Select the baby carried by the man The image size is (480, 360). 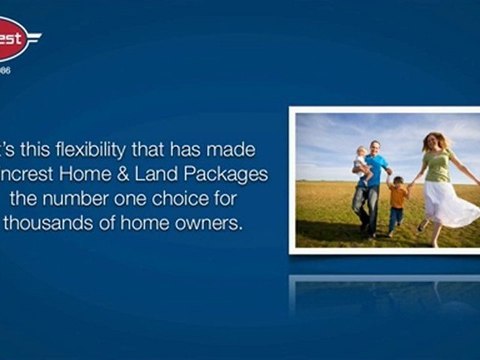tap(361, 159)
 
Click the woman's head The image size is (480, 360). tap(432, 141)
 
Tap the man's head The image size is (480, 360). tap(374, 146)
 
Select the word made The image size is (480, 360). tap(235, 149)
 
